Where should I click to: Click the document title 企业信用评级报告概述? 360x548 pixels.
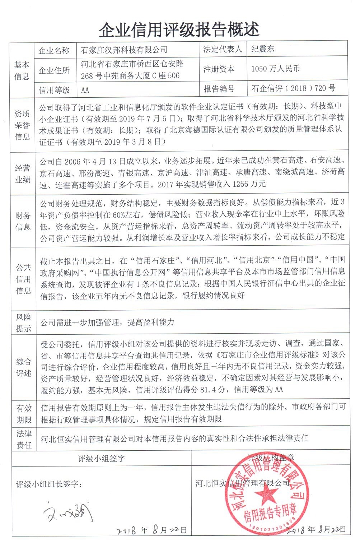pos(179,29)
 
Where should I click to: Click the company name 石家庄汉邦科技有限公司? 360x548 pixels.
pos(124,50)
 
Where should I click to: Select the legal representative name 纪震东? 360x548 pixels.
pos(263,49)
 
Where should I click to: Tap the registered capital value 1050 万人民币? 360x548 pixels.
pos(276,69)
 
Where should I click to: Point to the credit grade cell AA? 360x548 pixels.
pos(85,90)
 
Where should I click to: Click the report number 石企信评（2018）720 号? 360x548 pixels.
pos(294,88)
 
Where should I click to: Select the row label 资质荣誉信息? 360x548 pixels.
pos(22,125)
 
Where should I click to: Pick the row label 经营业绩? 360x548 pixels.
pos(23,174)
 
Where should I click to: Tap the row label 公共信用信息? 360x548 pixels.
pos(23,279)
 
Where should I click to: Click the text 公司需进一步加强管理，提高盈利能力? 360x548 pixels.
pos(107,322)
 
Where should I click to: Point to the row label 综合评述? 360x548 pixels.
pos(24,367)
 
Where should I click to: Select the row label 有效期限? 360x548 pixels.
pos(24,414)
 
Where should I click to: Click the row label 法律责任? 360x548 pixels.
pos(24,439)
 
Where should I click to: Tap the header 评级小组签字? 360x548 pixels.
pos(102,458)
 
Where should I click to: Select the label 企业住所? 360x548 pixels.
pos(54,70)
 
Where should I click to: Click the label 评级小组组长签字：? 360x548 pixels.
pos(49,484)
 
